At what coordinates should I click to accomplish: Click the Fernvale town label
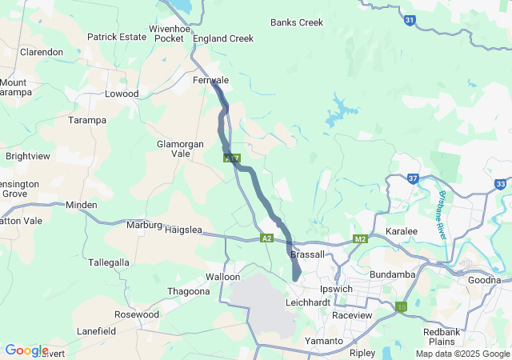[211, 81]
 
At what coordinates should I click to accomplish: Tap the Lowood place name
[122, 94]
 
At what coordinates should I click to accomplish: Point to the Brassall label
[308, 254]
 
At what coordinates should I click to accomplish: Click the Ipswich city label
[336, 289]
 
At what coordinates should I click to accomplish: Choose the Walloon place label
[222, 277]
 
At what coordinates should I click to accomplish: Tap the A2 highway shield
[266, 238]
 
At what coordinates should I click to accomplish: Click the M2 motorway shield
[360, 238]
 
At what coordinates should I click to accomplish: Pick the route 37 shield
[413, 178]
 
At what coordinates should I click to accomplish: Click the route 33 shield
[501, 184]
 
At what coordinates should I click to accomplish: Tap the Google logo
[26, 350]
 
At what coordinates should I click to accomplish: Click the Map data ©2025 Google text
[462, 354]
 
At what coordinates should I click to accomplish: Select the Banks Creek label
[297, 22]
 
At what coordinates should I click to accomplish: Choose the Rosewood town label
[137, 314]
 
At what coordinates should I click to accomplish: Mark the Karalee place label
[402, 231]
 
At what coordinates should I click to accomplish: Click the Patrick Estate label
[117, 37]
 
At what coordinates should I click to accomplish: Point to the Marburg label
[144, 225]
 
